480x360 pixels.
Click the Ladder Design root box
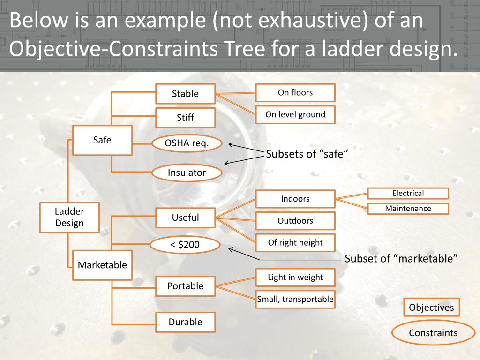(69, 217)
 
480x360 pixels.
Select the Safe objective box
(102, 140)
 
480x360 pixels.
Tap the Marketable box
(102, 265)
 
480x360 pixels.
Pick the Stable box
(185, 94)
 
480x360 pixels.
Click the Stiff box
(185, 118)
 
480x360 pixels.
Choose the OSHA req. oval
(187, 143)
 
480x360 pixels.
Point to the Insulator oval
(187, 172)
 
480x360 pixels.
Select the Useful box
(185, 217)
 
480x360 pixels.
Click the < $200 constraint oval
(185, 245)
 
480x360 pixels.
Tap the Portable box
(185, 286)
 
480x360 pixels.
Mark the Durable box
(185, 322)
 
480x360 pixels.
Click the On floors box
(295, 93)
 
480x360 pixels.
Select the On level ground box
(295, 114)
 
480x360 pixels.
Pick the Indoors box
(295, 199)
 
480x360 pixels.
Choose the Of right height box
(295, 243)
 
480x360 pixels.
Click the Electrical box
(408, 193)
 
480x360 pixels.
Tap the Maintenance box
(408, 209)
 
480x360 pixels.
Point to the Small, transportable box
(295, 299)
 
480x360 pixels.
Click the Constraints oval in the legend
(433, 333)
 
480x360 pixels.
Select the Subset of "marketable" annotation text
(401, 259)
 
